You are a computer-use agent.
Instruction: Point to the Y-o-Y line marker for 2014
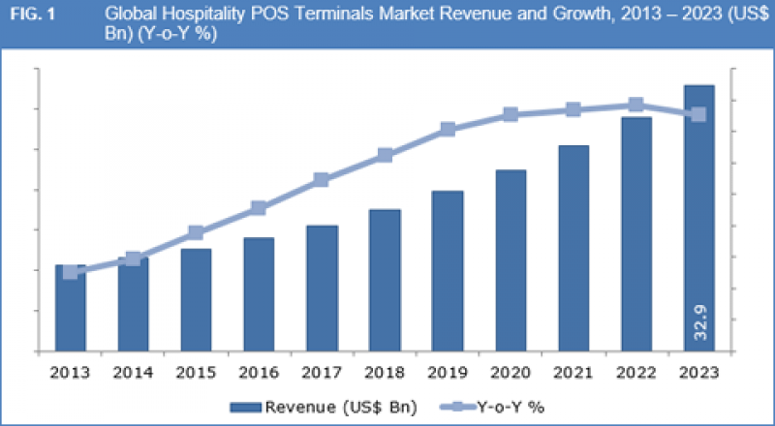(x=133, y=259)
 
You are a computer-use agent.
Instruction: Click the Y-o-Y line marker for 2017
(x=322, y=180)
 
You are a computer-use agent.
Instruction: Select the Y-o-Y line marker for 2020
(x=511, y=115)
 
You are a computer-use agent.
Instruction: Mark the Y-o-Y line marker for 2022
(x=635, y=105)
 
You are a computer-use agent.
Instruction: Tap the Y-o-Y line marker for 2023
(x=698, y=114)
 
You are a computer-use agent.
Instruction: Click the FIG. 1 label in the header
(x=32, y=15)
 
